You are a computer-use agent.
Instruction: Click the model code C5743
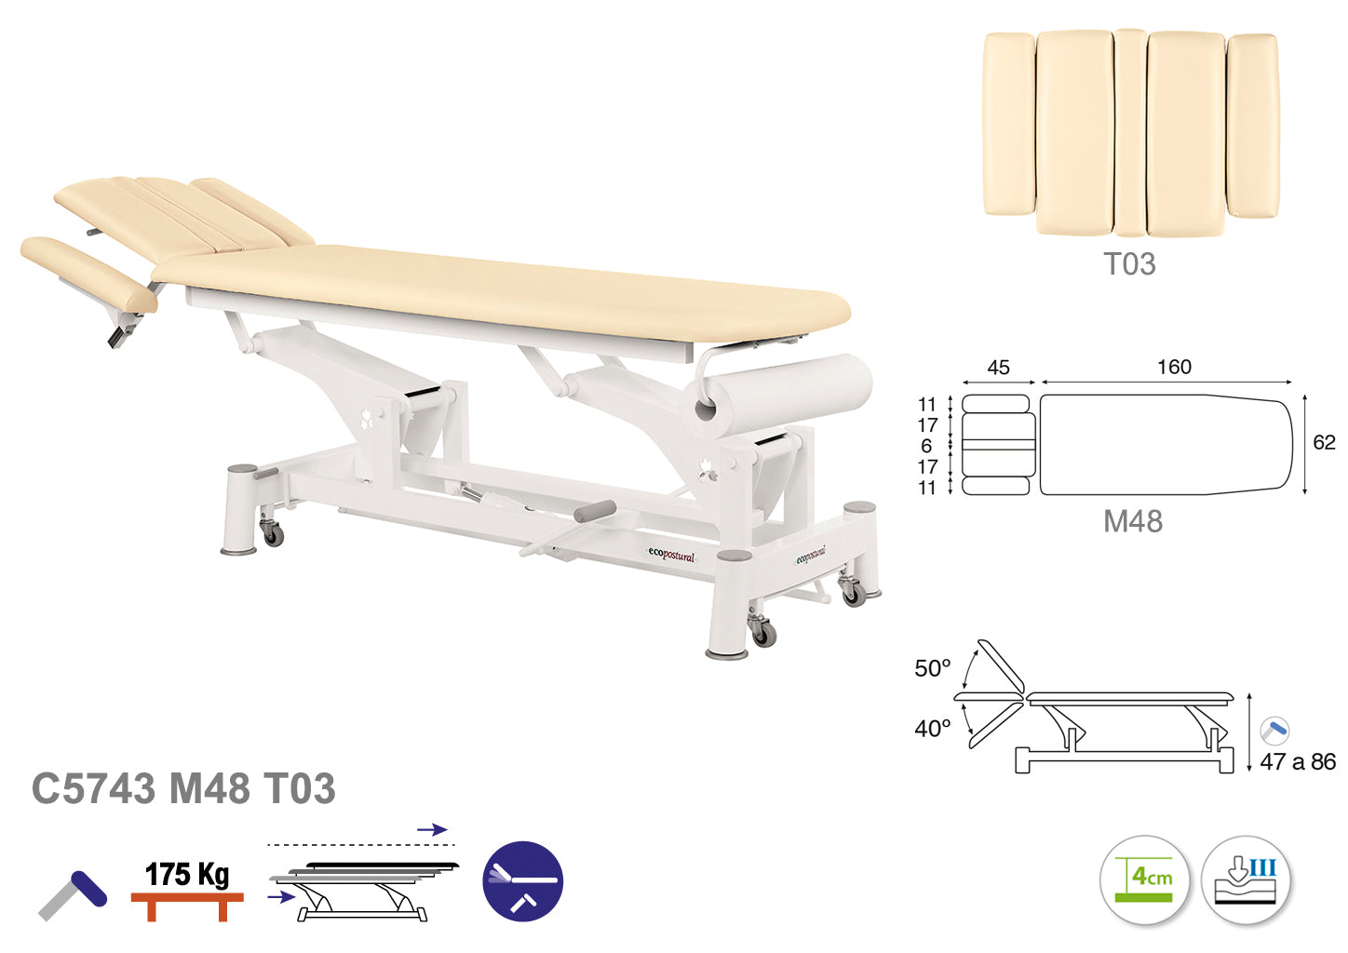click(93, 788)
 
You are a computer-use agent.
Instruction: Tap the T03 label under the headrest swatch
click(1129, 264)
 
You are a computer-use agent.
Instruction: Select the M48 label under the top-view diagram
click(1133, 521)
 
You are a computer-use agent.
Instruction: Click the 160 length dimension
click(1174, 367)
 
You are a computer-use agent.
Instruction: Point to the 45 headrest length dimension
click(998, 367)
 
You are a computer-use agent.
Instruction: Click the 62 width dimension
click(1324, 442)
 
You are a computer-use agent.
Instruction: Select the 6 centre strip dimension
click(926, 446)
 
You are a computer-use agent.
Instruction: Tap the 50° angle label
click(932, 668)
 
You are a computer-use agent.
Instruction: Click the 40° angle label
click(932, 729)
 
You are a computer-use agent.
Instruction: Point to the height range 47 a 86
click(1298, 761)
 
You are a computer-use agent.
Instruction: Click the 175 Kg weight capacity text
click(187, 874)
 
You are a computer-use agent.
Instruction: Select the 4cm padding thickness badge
click(1144, 879)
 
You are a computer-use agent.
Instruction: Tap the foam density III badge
click(1246, 879)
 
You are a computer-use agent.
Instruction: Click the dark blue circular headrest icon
click(523, 880)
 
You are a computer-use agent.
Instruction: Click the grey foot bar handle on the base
click(595, 511)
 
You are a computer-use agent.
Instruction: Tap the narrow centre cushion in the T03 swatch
click(1130, 132)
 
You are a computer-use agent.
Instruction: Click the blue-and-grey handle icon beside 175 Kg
click(73, 895)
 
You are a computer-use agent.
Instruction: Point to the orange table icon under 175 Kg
click(187, 906)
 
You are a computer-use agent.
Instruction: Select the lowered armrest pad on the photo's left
click(89, 274)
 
